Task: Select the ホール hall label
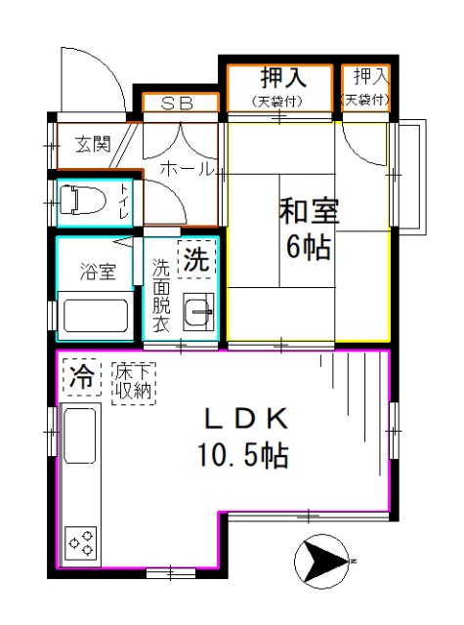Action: click(186, 169)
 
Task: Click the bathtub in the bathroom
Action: click(94, 317)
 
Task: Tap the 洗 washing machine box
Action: click(197, 260)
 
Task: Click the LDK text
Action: click(245, 419)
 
